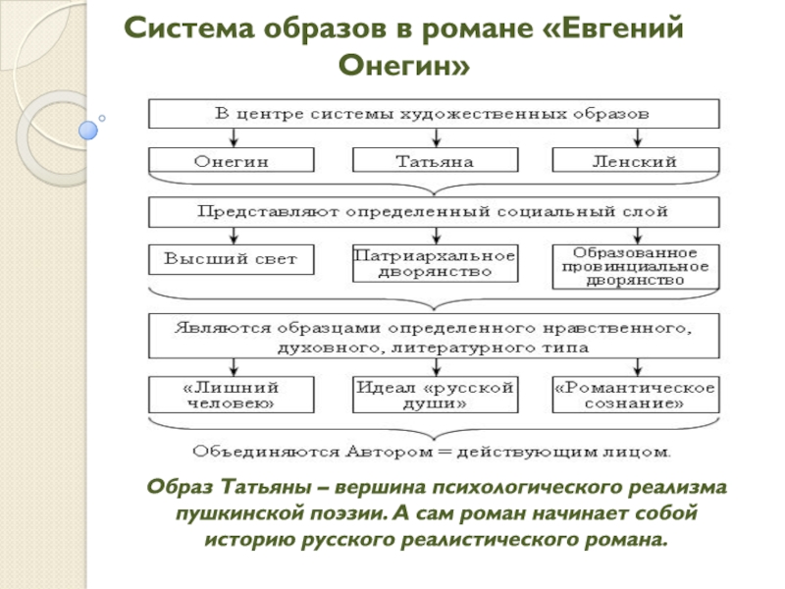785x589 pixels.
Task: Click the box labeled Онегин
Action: pyautogui.click(x=232, y=160)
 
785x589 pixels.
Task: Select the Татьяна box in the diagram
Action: pyautogui.click(x=434, y=160)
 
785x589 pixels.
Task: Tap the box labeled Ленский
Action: pyautogui.click(x=635, y=160)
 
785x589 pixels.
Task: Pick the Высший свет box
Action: pyautogui.click(x=232, y=259)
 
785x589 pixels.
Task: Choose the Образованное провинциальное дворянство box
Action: pyautogui.click(x=635, y=266)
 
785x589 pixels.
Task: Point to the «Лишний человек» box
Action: pyautogui.click(x=232, y=395)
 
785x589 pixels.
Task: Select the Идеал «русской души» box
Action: pyautogui.click(x=434, y=395)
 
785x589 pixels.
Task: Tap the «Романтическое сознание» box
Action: pyautogui.click(x=635, y=395)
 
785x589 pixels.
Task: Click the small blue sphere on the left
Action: pyautogui.click(x=88, y=128)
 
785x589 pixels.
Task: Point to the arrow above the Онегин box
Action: pyautogui.click(x=232, y=138)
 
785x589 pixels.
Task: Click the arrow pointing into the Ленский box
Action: pyautogui.click(x=635, y=138)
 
